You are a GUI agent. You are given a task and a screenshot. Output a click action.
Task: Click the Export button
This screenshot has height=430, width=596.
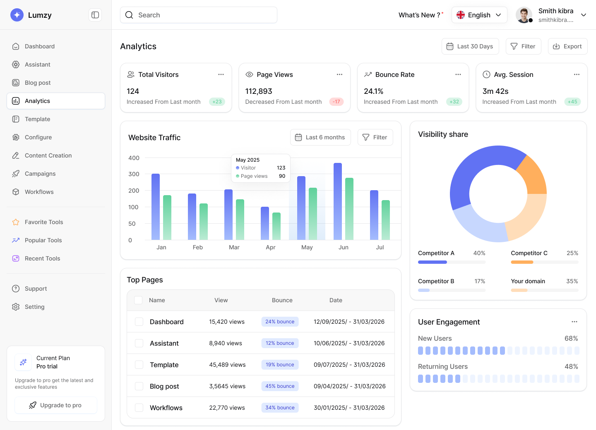coord(567,46)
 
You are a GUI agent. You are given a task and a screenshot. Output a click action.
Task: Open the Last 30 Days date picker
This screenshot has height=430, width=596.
coord(470,46)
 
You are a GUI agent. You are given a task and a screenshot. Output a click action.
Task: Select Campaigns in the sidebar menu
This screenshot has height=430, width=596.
coord(40,174)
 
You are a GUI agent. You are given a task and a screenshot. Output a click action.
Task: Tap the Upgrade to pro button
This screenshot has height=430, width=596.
coord(56,405)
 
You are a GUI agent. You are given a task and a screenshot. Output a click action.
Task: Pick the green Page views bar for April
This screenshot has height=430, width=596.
coord(276,226)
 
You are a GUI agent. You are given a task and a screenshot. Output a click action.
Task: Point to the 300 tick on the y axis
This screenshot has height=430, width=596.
coord(134,174)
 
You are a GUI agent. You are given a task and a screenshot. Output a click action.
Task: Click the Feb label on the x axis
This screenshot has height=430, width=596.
coord(198,247)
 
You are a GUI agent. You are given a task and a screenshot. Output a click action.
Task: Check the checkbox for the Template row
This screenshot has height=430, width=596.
coord(139,365)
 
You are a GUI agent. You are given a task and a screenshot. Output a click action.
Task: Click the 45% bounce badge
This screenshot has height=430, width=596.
coord(280,386)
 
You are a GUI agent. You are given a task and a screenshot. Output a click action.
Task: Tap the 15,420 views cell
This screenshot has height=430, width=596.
coord(227,322)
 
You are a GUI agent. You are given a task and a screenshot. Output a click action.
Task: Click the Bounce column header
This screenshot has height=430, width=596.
coord(282,300)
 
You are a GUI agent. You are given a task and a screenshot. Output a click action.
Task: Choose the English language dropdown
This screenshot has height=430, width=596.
coord(479,15)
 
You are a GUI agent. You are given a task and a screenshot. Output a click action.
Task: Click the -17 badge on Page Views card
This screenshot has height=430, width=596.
coord(336,102)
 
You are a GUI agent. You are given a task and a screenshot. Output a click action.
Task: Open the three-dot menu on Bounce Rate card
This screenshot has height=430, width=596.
coord(458,74)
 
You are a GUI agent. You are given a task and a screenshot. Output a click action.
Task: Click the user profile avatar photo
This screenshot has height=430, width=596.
coord(524,15)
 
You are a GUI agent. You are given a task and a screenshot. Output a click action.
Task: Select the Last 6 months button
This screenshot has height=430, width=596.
coord(320,137)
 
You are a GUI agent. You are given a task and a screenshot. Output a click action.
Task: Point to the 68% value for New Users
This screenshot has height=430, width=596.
coord(571,338)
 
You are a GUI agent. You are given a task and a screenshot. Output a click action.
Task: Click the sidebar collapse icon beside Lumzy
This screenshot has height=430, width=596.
coord(95,15)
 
